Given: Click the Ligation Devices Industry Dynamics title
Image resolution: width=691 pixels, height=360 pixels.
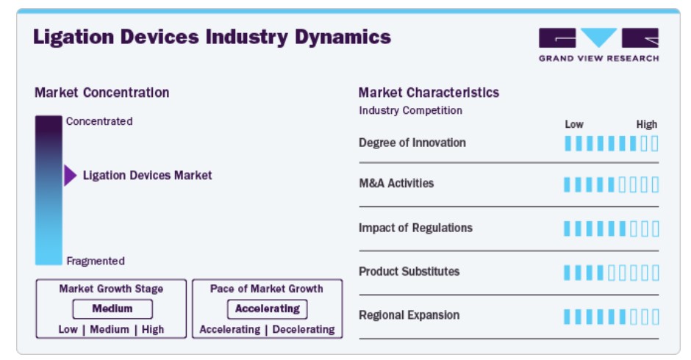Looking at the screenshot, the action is point(212,37).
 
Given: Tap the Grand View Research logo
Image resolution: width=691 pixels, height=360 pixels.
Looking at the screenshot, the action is point(598,45).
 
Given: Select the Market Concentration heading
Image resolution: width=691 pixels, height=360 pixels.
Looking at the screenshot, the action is point(101,93).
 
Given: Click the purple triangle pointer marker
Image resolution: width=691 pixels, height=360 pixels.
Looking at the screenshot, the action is point(70,176).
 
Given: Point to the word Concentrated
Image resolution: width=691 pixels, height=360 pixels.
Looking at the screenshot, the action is point(99,121).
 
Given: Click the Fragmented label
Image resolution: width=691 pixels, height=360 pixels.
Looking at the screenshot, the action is point(96,261).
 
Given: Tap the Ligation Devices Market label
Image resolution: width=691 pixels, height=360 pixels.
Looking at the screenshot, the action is point(147,176).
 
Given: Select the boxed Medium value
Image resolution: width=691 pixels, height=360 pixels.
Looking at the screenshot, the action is point(112,309).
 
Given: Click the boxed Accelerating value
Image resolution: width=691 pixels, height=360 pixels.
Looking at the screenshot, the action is point(268,309).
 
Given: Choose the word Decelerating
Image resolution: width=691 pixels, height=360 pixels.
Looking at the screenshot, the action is point(304,330).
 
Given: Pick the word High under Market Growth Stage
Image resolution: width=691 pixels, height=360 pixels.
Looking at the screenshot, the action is point(153,330).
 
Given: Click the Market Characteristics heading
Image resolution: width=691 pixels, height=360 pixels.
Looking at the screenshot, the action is point(429,93).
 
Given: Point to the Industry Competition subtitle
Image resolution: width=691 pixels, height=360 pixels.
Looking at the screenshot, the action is point(411,111).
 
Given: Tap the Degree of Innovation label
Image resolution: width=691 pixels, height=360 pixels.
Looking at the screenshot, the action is point(412,143).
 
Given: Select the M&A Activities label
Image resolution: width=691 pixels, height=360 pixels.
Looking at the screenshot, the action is point(396,183).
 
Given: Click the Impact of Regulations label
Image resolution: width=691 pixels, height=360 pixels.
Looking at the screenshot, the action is point(415,228).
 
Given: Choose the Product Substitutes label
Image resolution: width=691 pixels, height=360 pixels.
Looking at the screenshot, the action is point(409,271).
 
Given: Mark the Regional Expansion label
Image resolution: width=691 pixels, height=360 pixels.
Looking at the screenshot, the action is point(409,315).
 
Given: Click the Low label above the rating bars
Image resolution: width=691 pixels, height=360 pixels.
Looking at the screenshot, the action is point(574,125).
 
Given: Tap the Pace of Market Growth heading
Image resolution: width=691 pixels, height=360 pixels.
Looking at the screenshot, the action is point(267,289).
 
